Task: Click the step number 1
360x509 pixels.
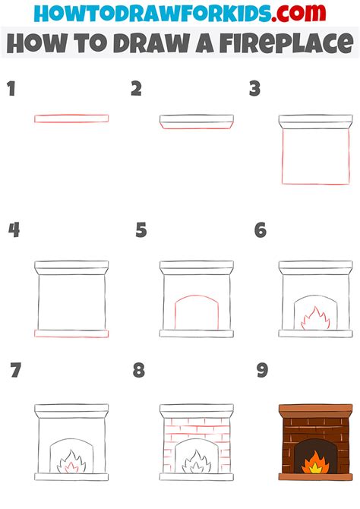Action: pyautogui.click(x=11, y=89)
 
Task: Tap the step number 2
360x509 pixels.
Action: pyautogui.click(x=137, y=89)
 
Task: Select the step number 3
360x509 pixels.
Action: pyautogui.click(x=255, y=89)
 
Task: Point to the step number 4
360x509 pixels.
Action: pyautogui.click(x=14, y=230)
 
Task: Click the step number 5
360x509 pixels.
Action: pyautogui.click(x=141, y=230)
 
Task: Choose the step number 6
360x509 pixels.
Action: pyautogui.click(x=261, y=230)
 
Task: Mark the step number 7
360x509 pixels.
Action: pyautogui.click(x=16, y=370)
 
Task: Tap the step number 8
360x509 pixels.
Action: pyautogui.click(x=139, y=370)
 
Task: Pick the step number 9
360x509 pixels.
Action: pyautogui.click(x=262, y=370)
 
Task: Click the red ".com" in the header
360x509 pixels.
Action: pyautogui.click(x=298, y=14)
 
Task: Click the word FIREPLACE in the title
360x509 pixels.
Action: pyautogui.click(x=286, y=43)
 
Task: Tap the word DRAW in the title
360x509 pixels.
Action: pyautogui.click(x=151, y=43)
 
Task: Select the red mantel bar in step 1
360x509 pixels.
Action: pyautogui.click(x=71, y=119)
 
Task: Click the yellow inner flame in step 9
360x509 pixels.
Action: pyautogui.click(x=315, y=468)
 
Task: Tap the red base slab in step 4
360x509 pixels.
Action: pyautogui.click(x=71, y=334)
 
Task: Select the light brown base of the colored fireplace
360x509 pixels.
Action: pyautogui.click(x=315, y=477)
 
